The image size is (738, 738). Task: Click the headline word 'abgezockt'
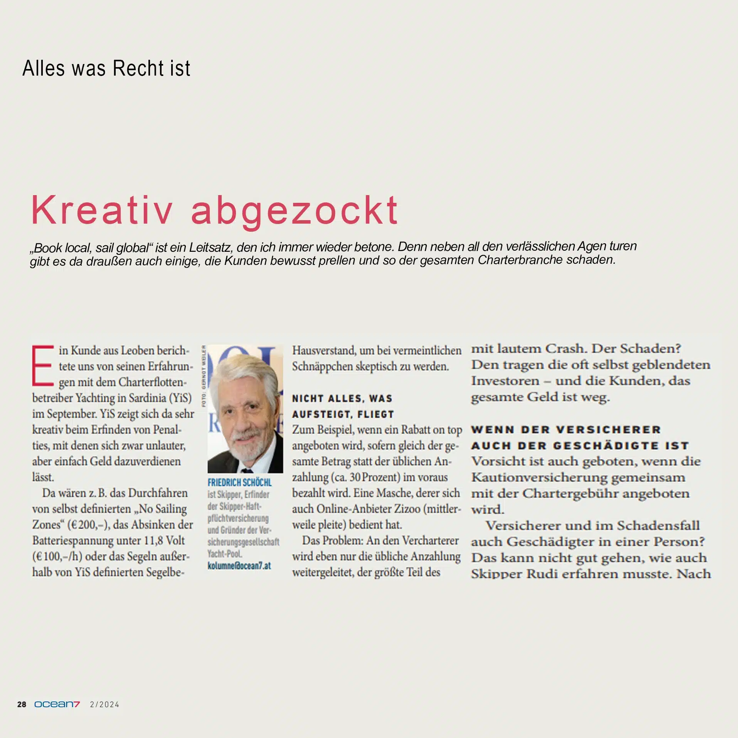click(x=295, y=210)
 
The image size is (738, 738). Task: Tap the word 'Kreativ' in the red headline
click(x=102, y=210)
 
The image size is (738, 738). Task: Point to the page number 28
click(x=22, y=704)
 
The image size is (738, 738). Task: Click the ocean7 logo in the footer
click(x=57, y=704)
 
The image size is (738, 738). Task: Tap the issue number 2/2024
click(x=104, y=704)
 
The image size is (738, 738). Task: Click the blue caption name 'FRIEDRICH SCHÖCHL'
click(x=239, y=482)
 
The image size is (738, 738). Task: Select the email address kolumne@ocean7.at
click(x=239, y=566)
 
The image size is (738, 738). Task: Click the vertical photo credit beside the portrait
click(x=204, y=376)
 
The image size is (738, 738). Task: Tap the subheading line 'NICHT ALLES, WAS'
click(x=342, y=398)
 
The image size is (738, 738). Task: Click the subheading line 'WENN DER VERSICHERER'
click(x=566, y=430)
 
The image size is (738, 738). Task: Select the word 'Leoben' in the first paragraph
click(x=135, y=350)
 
